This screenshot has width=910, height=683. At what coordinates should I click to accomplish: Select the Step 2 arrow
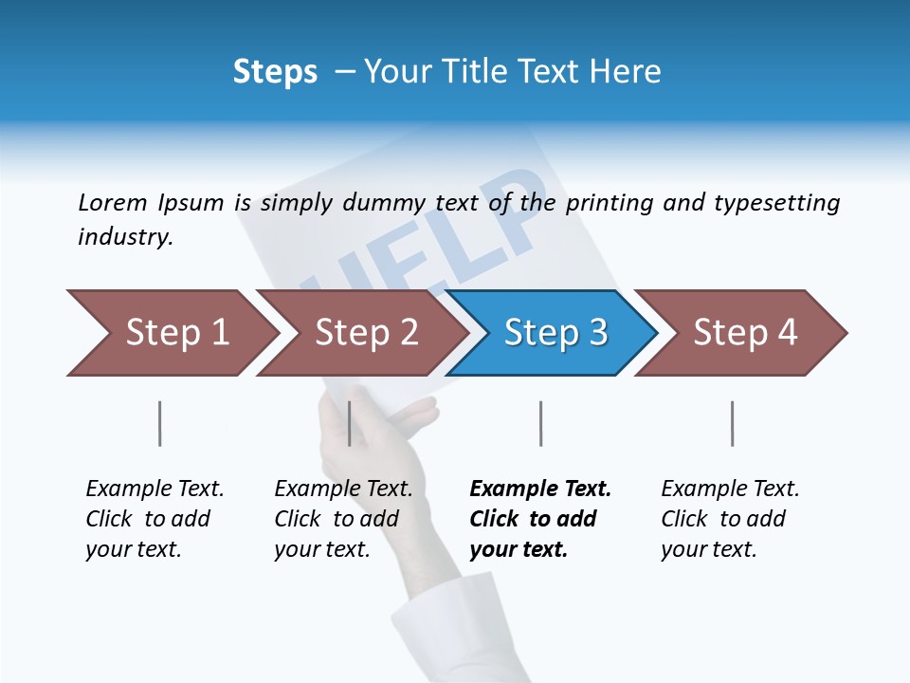[366, 333]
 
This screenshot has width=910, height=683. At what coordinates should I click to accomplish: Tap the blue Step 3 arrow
[555, 333]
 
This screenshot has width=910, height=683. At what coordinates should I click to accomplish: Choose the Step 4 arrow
[745, 333]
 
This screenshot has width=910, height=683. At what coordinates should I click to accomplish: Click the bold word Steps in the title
[275, 71]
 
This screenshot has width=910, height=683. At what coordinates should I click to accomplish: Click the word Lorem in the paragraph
[113, 202]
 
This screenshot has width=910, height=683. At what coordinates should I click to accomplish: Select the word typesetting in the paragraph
[776, 202]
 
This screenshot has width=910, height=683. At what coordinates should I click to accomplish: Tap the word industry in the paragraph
[125, 236]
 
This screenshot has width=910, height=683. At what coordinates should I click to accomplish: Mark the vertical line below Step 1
[160, 423]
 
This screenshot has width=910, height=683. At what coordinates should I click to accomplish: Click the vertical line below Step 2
[350, 423]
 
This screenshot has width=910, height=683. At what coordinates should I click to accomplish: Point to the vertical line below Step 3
[540, 423]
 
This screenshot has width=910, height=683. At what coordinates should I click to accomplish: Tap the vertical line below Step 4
[732, 423]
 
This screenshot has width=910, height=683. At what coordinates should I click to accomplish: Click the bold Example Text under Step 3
[540, 489]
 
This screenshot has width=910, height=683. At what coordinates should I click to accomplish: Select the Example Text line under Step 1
[155, 489]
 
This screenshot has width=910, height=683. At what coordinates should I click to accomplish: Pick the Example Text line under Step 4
[730, 489]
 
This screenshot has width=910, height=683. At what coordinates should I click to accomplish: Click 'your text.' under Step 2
[322, 549]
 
